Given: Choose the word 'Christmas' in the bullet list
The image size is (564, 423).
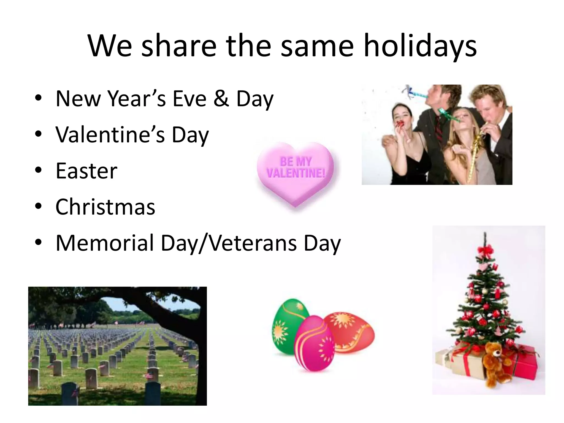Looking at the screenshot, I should tap(105, 207).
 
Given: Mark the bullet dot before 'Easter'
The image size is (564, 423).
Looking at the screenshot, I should tap(38, 170).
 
